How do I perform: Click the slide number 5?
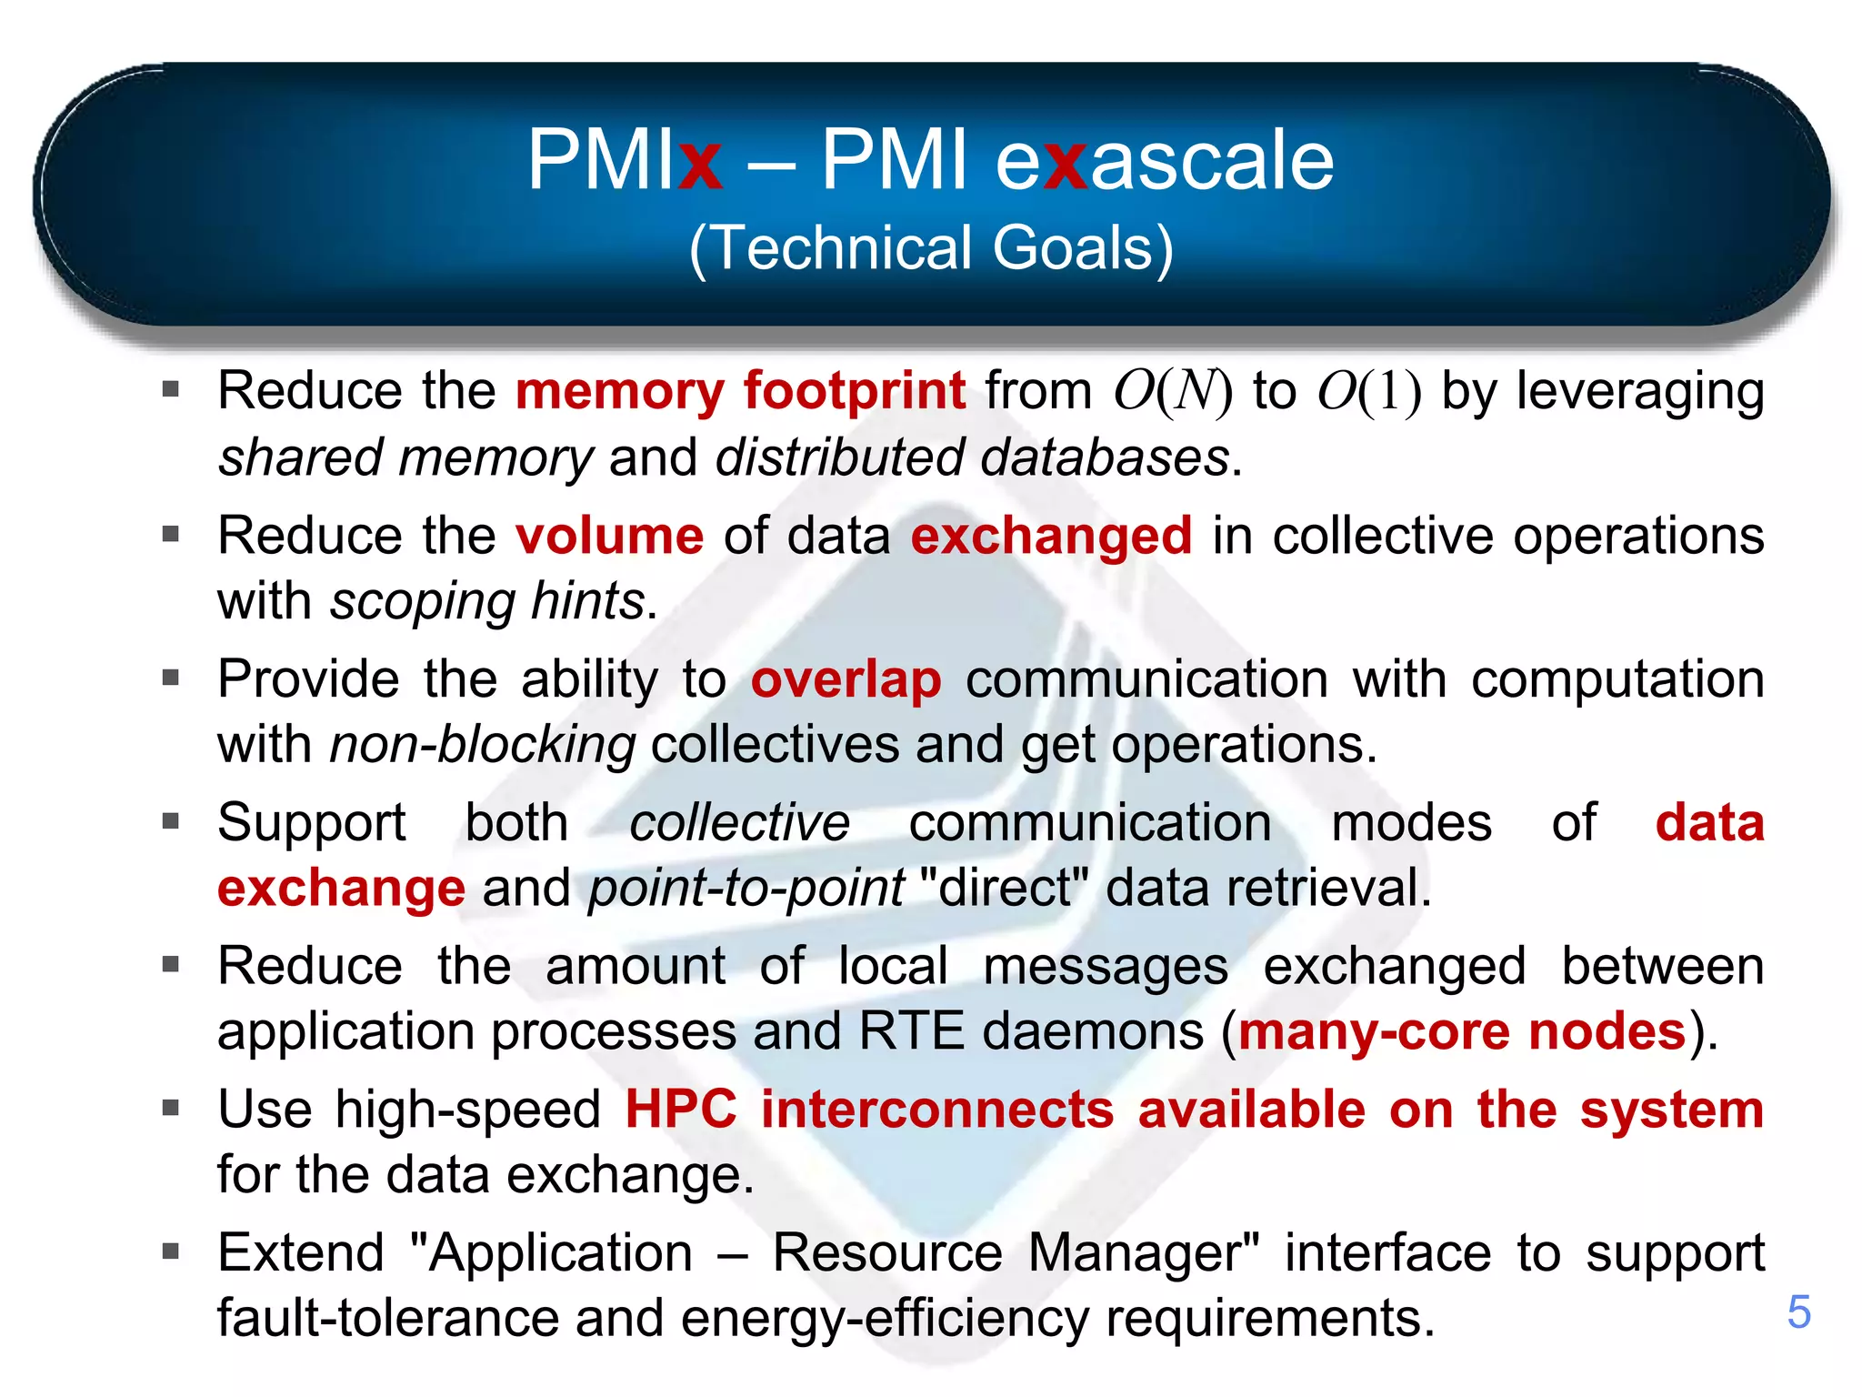click(1798, 1312)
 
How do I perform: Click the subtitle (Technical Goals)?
click(931, 248)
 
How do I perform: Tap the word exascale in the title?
click(1165, 160)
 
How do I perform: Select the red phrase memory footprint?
click(740, 391)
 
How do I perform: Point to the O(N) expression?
click(1173, 391)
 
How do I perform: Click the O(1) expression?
click(1369, 391)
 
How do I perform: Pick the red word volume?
click(609, 535)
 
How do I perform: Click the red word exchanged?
click(1051, 535)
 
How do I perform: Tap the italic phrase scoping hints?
click(487, 601)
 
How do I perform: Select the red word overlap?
click(846, 679)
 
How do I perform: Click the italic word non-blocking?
click(482, 745)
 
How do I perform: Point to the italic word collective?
click(739, 823)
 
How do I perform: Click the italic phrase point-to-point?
click(746, 889)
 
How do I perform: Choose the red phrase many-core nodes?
click(1462, 1032)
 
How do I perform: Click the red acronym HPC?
click(681, 1111)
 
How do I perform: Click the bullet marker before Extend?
click(171, 1252)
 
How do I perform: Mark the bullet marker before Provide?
click(171, 678)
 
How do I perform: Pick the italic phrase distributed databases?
click(972, 457)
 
